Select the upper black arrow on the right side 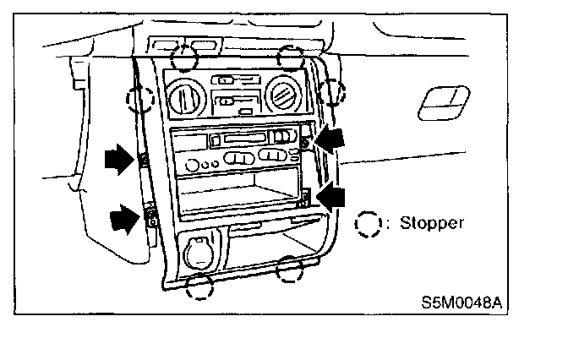click(x=330, y=139)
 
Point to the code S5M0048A click(x=456, y=300)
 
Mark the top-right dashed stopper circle click(x=291, y=57)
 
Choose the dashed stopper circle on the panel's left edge click(x=139, y=99)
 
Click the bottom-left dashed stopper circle click(x=200, y=286)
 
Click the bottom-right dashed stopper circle click(x=291, y=268)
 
